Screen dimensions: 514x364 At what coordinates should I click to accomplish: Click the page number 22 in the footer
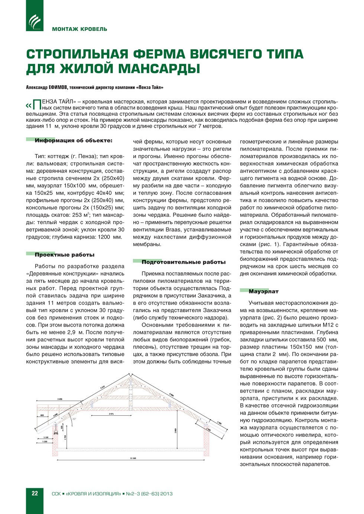35,493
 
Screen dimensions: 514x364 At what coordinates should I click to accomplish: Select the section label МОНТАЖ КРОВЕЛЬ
79,29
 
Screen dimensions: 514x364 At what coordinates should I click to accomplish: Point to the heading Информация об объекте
73,141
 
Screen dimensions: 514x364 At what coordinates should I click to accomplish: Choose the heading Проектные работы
64,255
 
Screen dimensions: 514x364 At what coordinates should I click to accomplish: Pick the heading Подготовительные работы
183,262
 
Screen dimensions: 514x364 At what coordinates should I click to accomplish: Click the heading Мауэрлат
263,291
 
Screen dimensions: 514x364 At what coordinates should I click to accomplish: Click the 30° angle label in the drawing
74,419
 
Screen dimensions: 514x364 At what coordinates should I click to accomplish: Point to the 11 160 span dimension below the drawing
133,458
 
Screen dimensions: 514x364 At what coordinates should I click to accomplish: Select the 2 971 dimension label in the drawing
111,414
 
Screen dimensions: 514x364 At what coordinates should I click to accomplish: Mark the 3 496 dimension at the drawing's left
60,399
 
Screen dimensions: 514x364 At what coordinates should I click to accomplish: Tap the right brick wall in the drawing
207,442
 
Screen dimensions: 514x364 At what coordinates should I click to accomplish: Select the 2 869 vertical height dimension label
176,430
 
